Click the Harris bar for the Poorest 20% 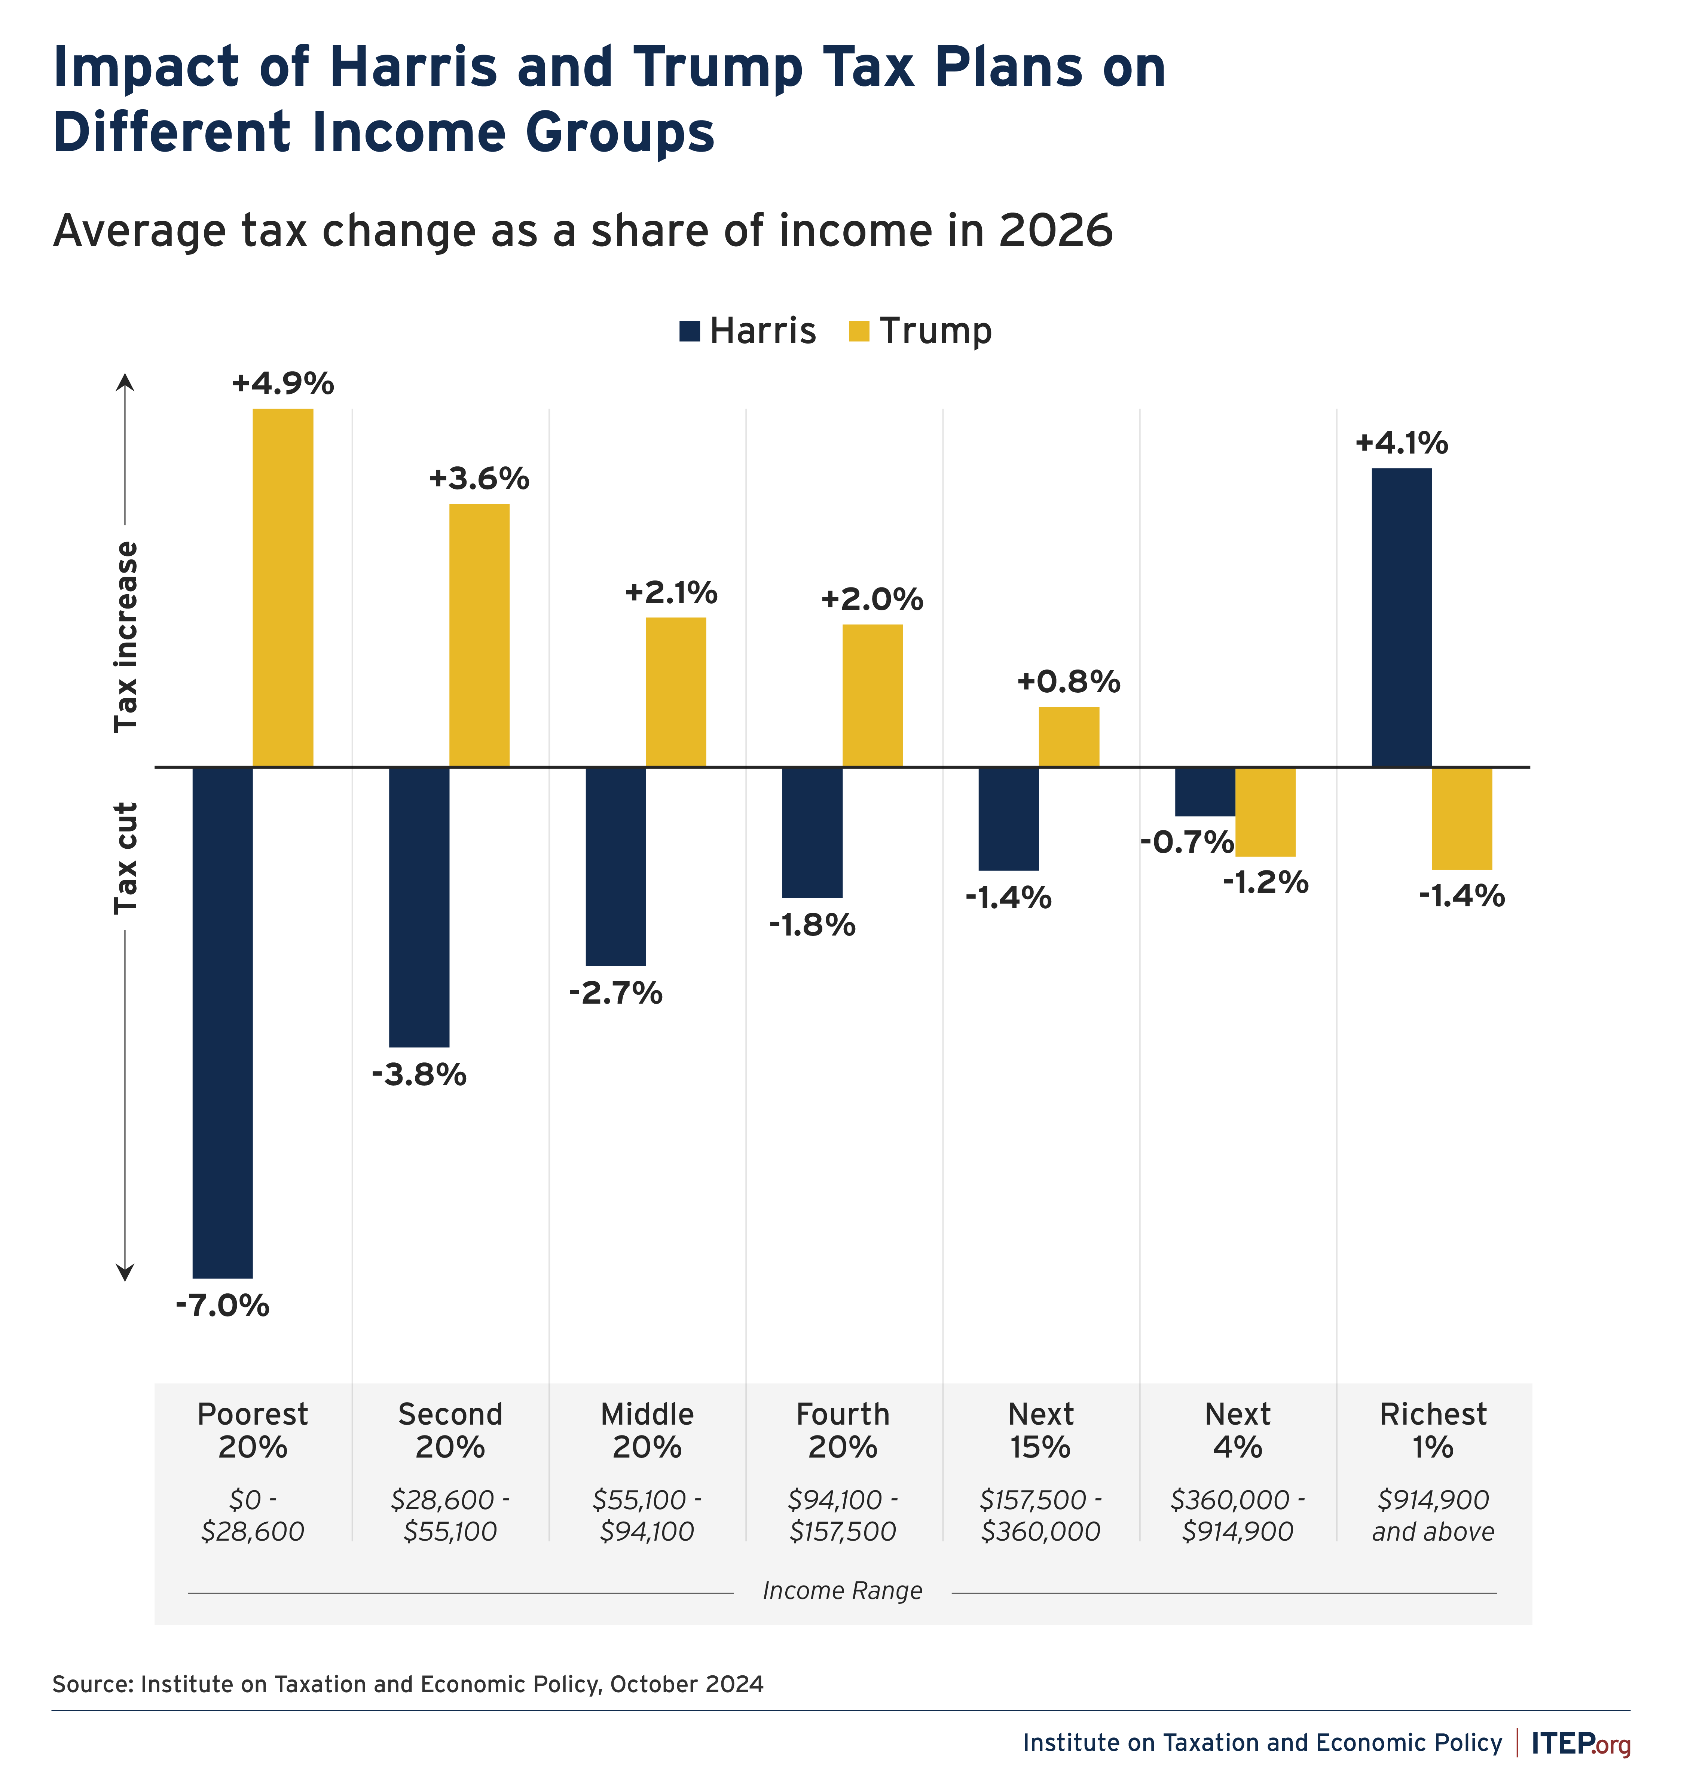click(x=223, y=1022)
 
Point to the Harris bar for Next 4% click(x=1205, y=791)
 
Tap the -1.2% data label click(x=1265, y=883)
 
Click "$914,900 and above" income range click(x=1433, y=1516)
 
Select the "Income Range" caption click(x=842, y=1591)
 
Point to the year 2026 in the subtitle click(x=1056, y=231)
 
